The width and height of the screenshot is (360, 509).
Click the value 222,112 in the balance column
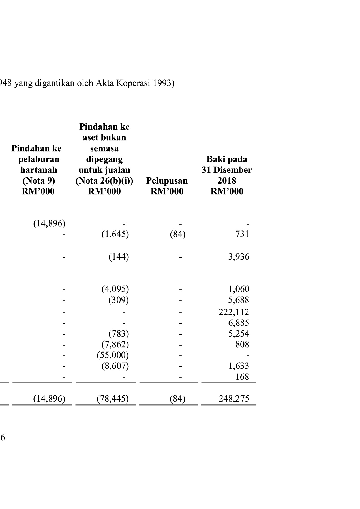click(234, 312)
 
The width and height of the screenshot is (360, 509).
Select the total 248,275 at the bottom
click(234, 398)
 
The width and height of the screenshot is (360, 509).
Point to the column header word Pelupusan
click(167, 181)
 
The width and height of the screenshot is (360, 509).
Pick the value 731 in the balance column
click(242, 234)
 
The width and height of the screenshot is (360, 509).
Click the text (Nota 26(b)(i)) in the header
click(104, 181)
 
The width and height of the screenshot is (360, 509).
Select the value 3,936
click(239, 257)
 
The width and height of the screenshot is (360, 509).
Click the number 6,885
click(239, 323)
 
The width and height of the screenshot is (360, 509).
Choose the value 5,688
click(239, 300)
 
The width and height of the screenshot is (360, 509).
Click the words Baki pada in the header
click(227, 159)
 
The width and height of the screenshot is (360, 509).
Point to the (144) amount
click(119, 257)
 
